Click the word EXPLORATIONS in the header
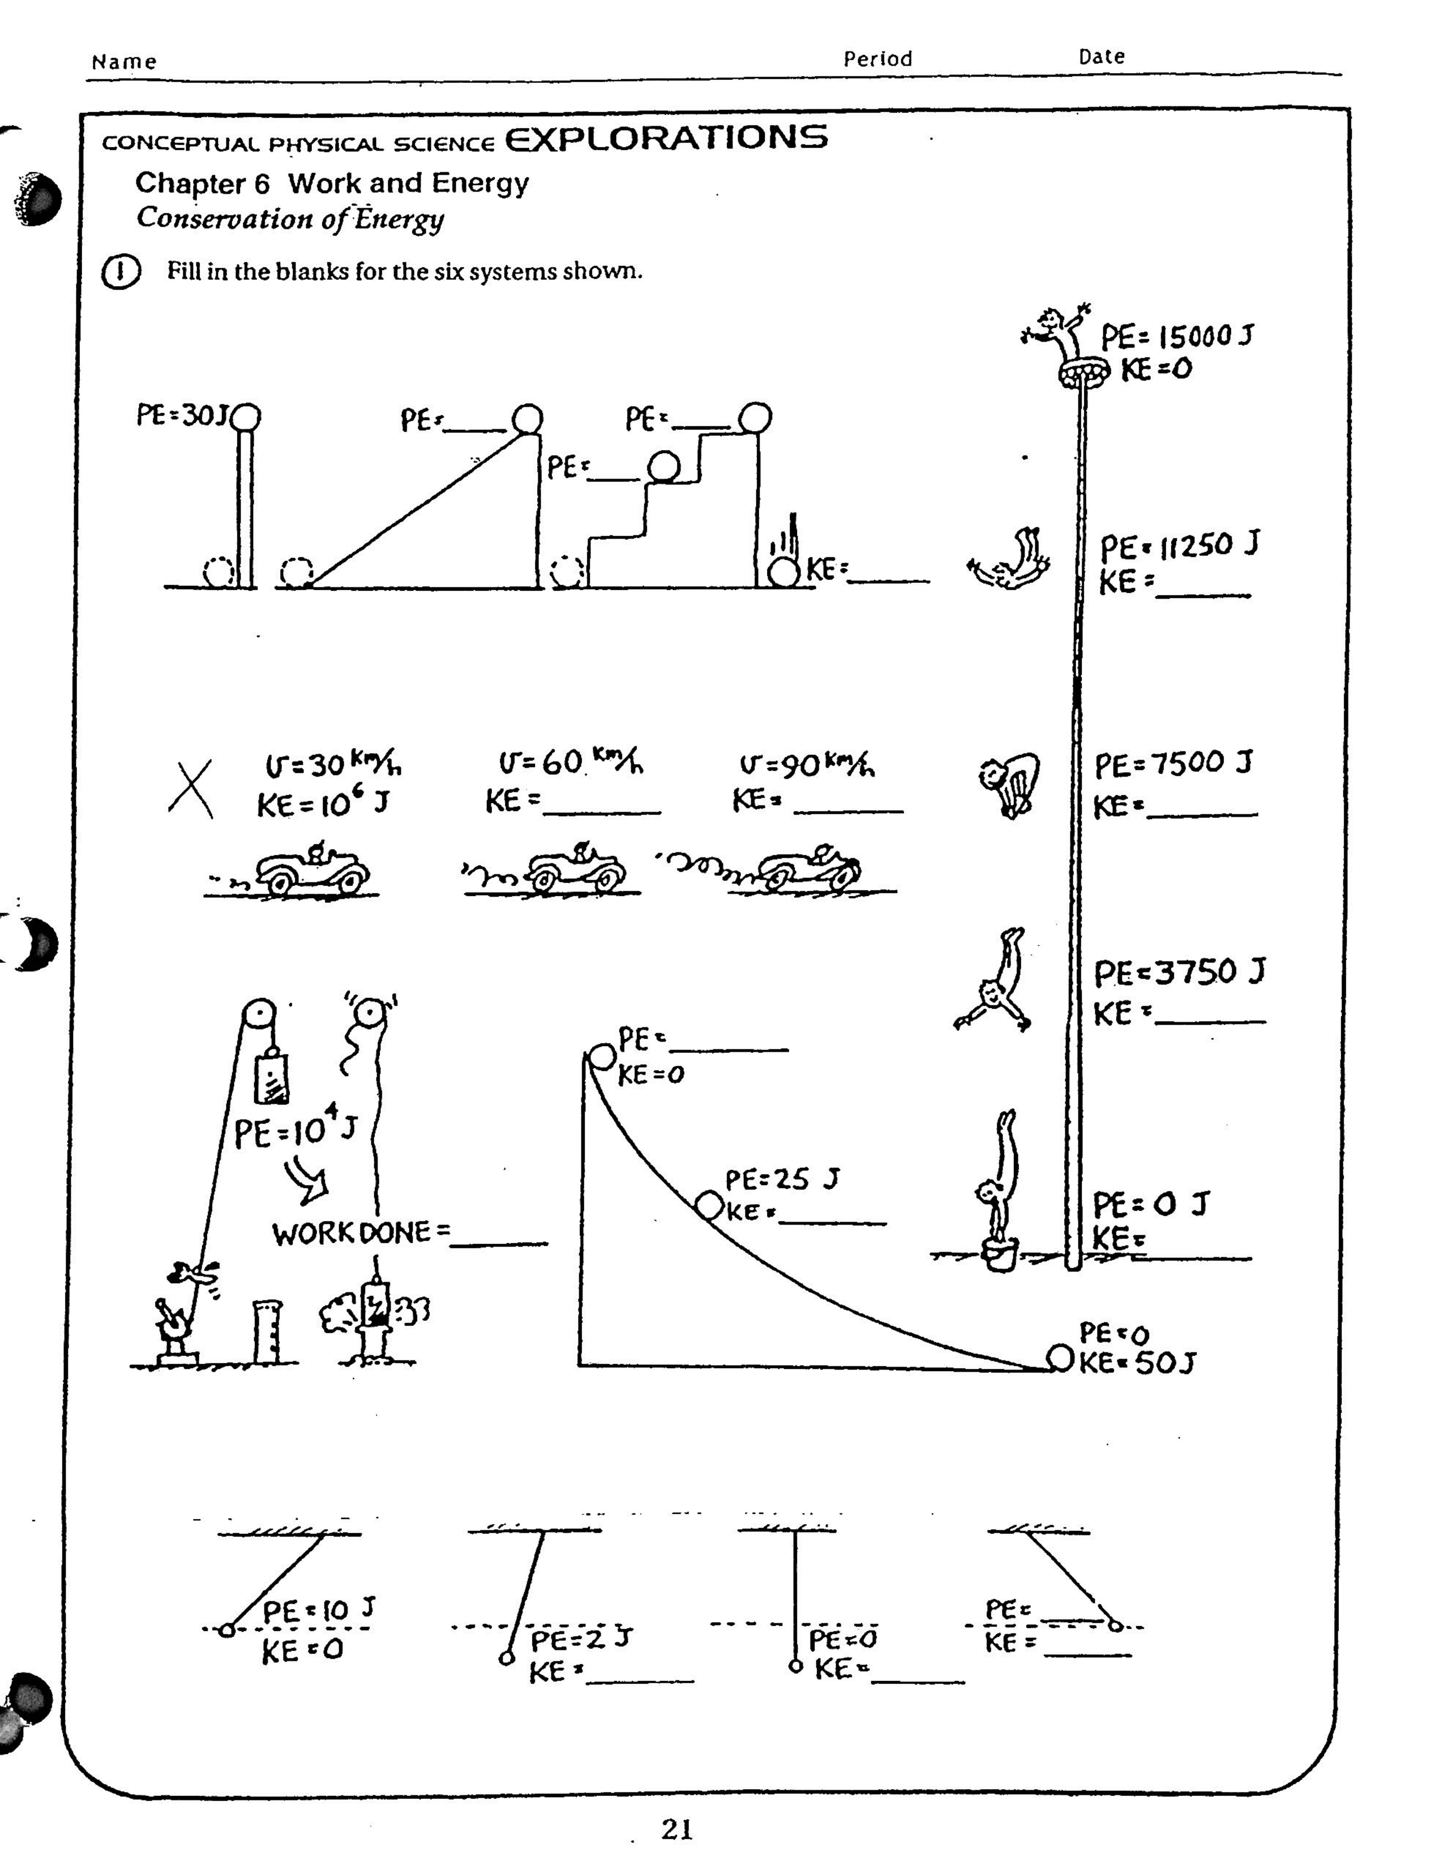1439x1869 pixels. pos(666,138)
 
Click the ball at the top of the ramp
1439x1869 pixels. pos(527,419)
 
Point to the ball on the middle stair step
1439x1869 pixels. pos(663,467)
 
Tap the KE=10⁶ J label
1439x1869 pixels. pos(323,804)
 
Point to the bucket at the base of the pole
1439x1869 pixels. pos(999,1254)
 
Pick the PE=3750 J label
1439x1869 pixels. pos(1178,972)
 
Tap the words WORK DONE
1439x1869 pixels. pos(351,1232)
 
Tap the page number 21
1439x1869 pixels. pos(676,1829)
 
